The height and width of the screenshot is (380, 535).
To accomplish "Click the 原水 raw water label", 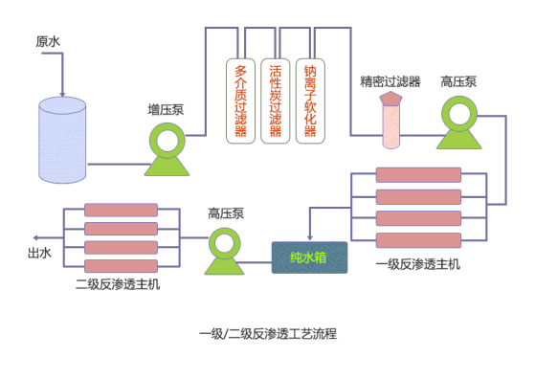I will click(x=48, y=41).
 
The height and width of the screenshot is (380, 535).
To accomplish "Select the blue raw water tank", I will click(x=62, y=140).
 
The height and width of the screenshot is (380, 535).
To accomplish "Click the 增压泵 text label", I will click(x=166, y=109).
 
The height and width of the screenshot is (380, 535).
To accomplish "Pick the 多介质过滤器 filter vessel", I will click(x=240, y=101).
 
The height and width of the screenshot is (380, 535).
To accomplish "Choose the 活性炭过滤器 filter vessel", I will click(x=275, y=101).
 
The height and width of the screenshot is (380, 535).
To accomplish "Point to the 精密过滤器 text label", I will click(x=390, y=80).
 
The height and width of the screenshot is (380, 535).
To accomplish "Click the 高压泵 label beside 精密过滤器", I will click(x=458, y=80).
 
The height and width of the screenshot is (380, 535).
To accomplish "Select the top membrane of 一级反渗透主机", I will click(x=418, y=175).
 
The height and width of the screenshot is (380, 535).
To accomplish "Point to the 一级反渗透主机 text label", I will click(x=417, y=264).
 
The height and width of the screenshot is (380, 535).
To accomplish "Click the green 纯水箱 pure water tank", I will click(x=309, y=257).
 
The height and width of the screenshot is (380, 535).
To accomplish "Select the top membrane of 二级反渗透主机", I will click(x=121, y=210).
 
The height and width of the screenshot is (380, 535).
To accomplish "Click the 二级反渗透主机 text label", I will click(x=118, y=284).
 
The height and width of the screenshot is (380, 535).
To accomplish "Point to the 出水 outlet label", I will click(x=39, y=254).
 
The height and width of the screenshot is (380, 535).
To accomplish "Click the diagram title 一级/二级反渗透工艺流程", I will click(x=267, y=334).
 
